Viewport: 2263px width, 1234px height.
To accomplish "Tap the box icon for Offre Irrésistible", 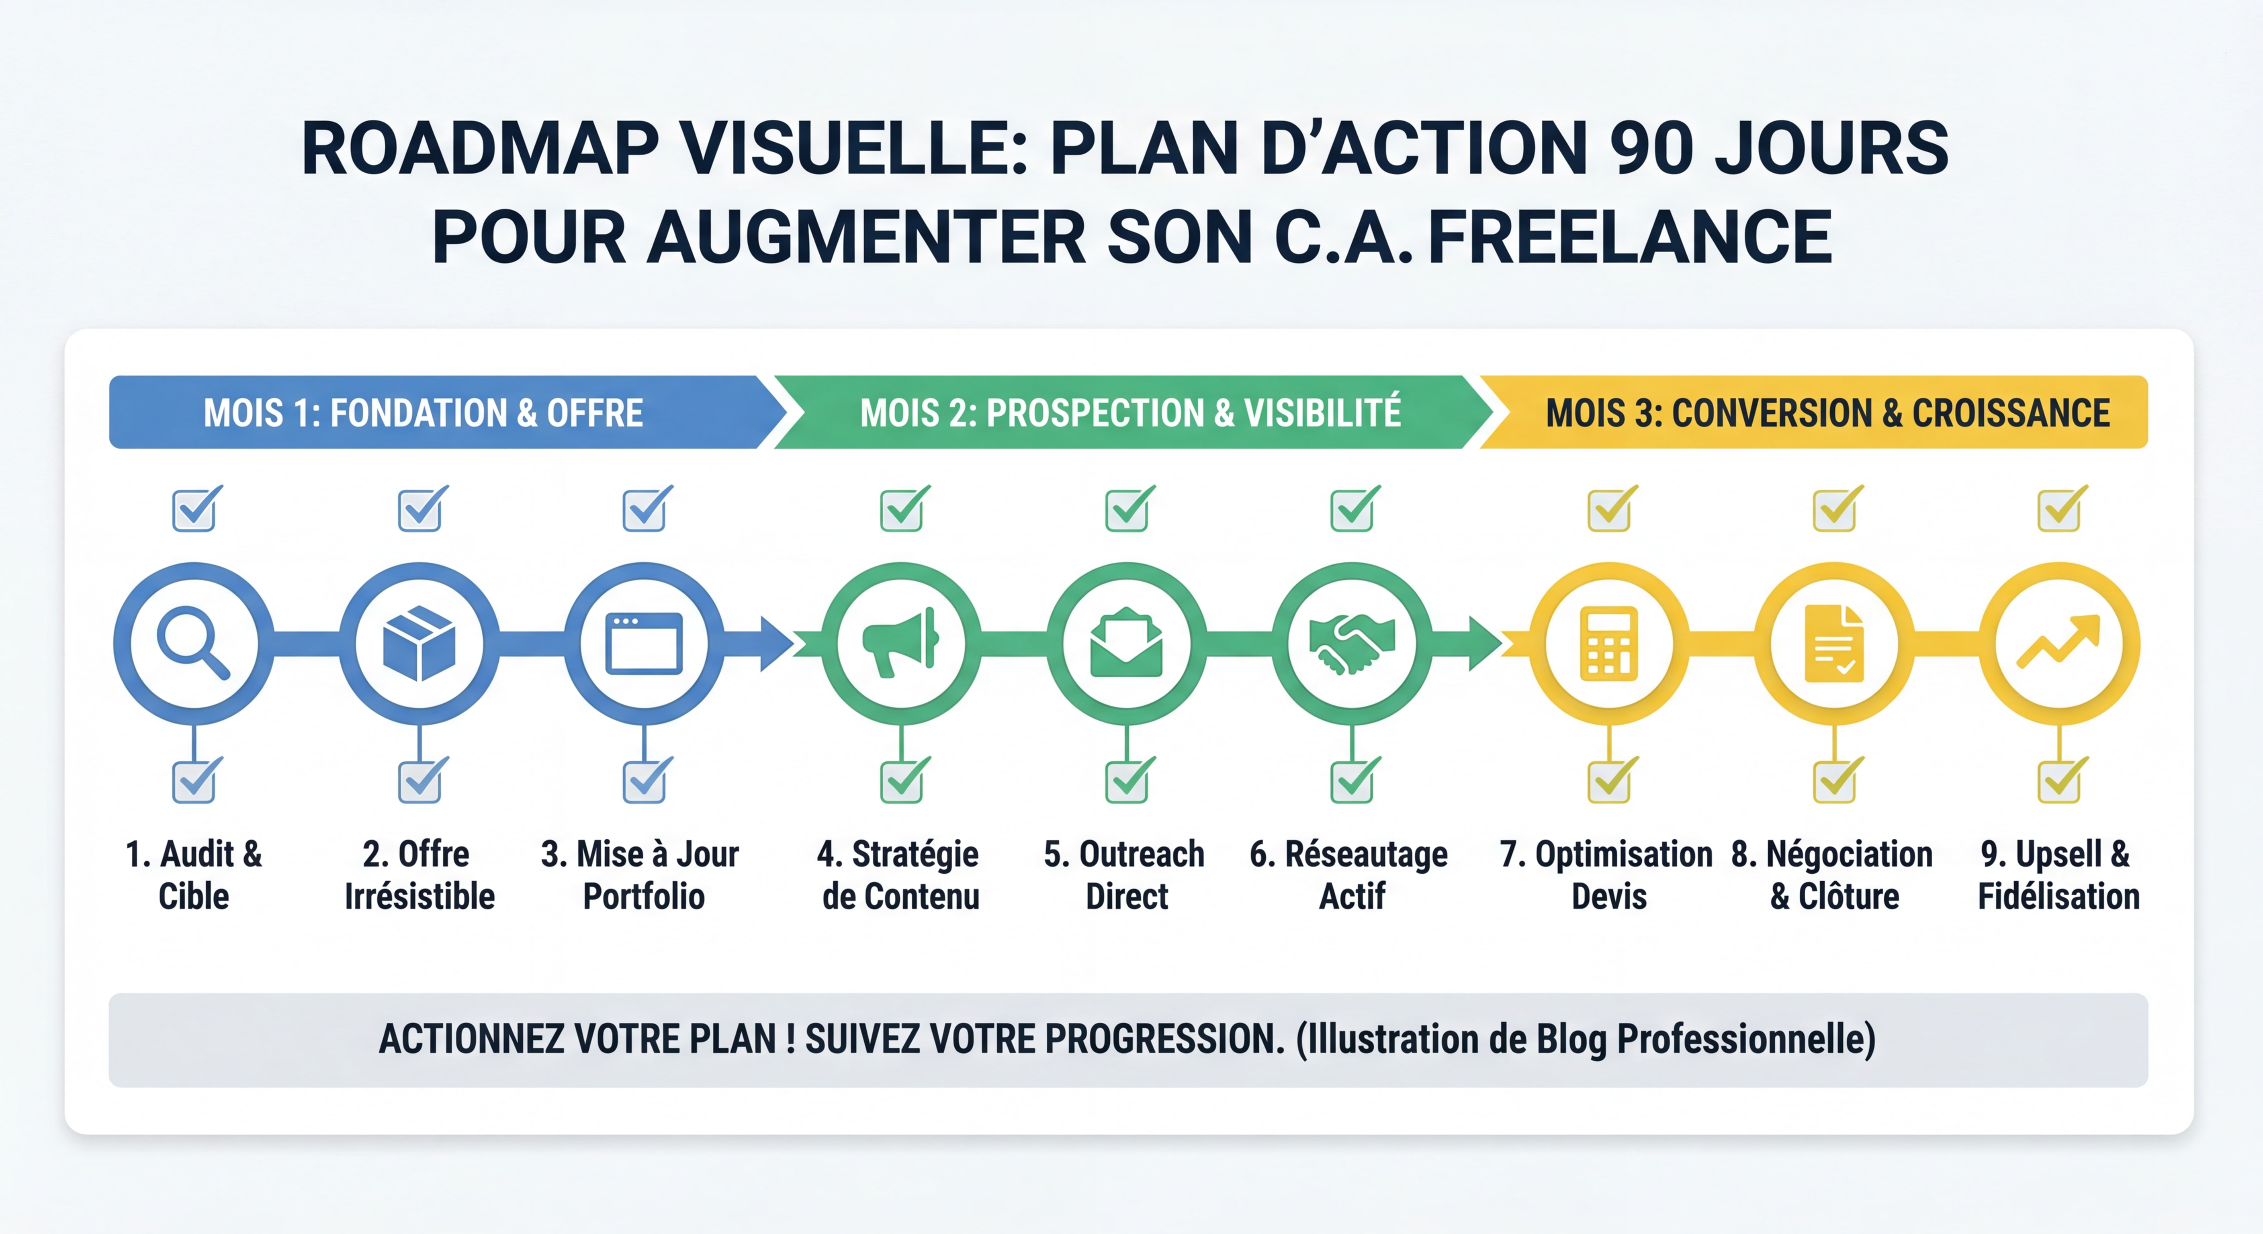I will click(419, 644).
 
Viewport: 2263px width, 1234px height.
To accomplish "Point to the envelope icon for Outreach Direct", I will click(1127, 644).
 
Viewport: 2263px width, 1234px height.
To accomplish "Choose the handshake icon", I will click(1352, 644).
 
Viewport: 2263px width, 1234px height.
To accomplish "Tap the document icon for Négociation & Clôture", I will click(1834, 644).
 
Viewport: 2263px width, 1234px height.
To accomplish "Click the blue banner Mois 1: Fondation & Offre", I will click(424, 413).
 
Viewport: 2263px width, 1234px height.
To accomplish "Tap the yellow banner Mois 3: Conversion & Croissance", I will click(1827, 413).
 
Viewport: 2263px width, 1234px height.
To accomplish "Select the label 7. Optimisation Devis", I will click(1607, 875).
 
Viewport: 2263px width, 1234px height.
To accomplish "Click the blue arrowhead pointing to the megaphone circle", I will click(777, 644).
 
